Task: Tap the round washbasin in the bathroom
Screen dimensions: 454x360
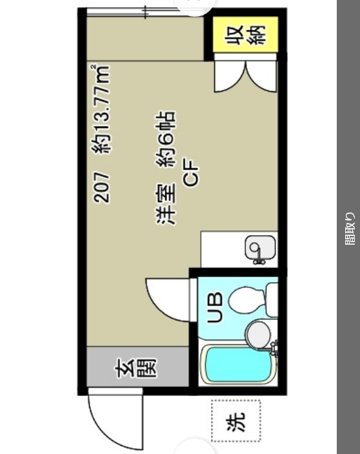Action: click(x=259, y=334)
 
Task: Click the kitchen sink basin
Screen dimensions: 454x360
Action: click(x=260, y=247)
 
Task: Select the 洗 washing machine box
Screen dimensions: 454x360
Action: click(x=235, y=421)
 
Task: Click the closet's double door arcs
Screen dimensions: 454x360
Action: click(x=245, y=76)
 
